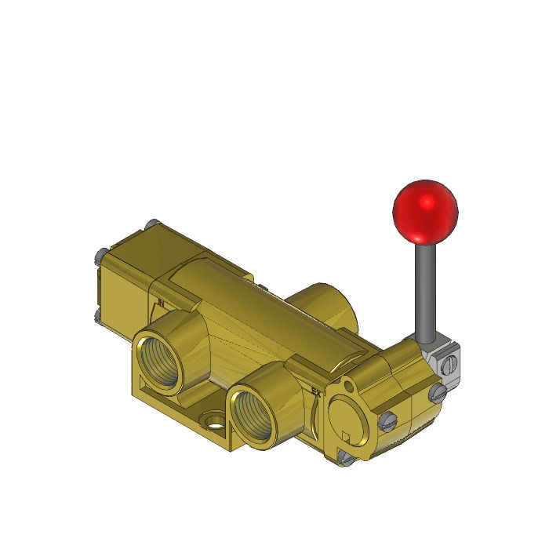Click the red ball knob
(424, 211)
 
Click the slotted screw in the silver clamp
(449, 364)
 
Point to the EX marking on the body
(316, 390)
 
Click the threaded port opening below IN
(162, 356)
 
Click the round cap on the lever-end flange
(347, 416)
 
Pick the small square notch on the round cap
(347, 435)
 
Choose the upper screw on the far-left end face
(98, 255)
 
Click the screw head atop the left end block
(149, 225)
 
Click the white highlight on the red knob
(429, 202)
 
